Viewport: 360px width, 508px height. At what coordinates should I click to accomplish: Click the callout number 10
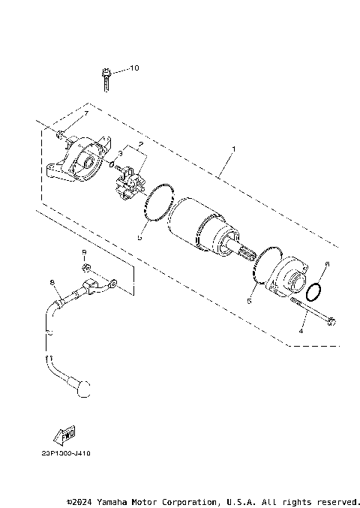134,68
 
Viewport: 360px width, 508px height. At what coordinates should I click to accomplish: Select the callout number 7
85,113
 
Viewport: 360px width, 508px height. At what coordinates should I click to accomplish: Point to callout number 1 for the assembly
233,149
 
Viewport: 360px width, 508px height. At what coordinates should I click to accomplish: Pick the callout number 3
119,153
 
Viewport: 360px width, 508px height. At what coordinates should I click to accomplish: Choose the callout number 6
326,264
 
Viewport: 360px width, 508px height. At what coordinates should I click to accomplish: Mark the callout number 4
301,330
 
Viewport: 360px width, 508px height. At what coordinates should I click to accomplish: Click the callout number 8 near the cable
52,282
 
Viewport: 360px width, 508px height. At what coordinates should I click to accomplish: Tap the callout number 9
84,251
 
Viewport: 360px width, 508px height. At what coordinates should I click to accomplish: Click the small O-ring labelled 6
316,290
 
